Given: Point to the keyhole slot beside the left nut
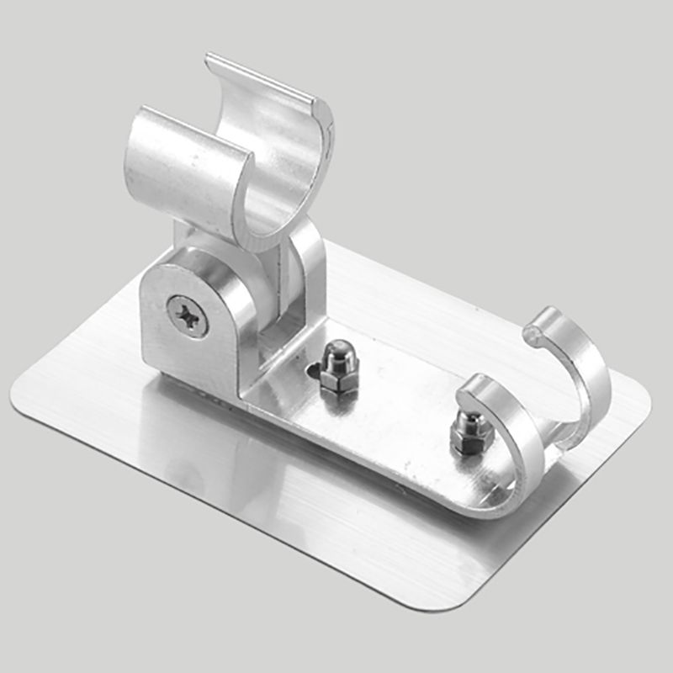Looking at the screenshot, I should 314,369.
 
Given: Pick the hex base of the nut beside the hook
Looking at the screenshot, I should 464,442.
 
